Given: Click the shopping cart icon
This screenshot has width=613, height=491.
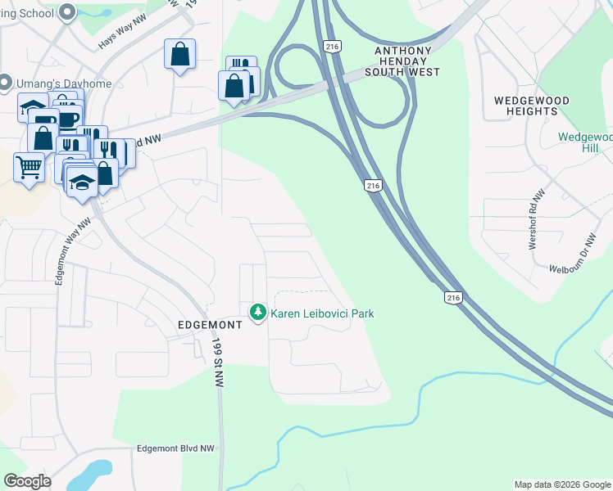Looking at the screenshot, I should pyautogui.click(x=29, y=167).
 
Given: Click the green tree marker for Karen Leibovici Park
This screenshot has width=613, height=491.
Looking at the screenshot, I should pyautogui.click(x=258, y=312).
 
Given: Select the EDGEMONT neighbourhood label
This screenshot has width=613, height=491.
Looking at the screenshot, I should pyautogui.click(x=211, y=325).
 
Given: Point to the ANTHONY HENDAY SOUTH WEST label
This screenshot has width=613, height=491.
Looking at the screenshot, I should pyautogui.click(x=407, y=61).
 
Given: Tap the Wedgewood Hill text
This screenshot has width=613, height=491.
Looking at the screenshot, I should pyautogui.click(x=584, y=142).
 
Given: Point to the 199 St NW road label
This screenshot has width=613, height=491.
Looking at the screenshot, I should pyautogui.click(x=218, y=363).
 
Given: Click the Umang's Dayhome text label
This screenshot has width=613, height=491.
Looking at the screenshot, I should pyautogui.click(x=52, y=83).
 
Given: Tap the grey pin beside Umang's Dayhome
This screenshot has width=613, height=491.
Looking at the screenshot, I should pyautogui.click(x=5, y=83).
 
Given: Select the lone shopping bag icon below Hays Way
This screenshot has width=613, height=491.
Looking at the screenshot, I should pyautogui.click(x=179, y=55).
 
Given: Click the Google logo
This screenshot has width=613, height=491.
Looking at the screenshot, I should pyautogui.click(x=27, y=481).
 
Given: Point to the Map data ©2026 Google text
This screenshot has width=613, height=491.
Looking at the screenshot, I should pyautogui.click(x=562, y=484).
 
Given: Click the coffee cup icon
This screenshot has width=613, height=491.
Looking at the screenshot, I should pyautogui.click(x=68, y=119).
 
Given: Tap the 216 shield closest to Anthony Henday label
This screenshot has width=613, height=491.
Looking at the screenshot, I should pyautogui.click(x=331, y=47).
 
